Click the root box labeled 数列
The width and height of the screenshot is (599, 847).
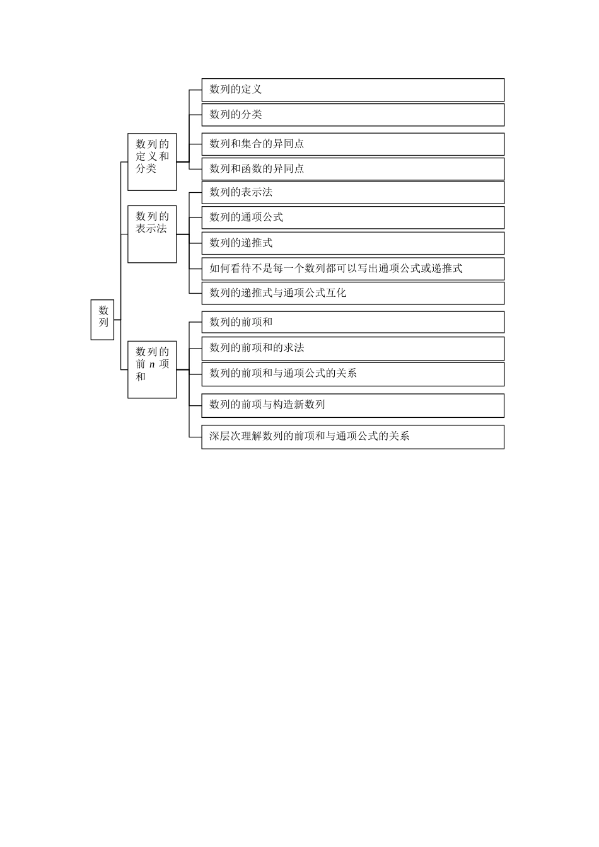(x=103, y=320)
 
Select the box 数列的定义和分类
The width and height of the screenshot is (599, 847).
(x=152, y=162)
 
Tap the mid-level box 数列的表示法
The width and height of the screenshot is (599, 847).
(x=152, y=234)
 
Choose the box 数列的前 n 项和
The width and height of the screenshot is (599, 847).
(x=152, y=369)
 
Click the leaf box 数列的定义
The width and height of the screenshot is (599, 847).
(x=352, y=89)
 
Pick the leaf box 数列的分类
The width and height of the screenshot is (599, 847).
(x=352, y=115)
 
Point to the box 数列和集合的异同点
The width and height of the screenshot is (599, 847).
(x=352, y=144)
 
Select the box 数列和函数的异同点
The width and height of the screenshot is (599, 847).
(x=352, y=169)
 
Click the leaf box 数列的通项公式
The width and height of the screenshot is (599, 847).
(x=352, y=217)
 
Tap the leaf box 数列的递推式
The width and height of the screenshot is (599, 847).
(x=352, y=243)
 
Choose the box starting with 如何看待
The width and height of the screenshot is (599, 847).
(x=352, y=268)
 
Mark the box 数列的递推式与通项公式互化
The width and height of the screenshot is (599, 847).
(x=352, y=293)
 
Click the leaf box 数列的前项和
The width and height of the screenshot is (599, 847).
(x=352, y=322)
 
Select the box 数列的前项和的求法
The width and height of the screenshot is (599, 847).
(x=352, y=348)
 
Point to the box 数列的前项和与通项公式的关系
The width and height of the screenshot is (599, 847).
(x=352, y=374)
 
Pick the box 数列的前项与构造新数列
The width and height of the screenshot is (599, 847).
(x=352, y=405)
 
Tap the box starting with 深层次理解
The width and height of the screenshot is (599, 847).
(x=352, y=437)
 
